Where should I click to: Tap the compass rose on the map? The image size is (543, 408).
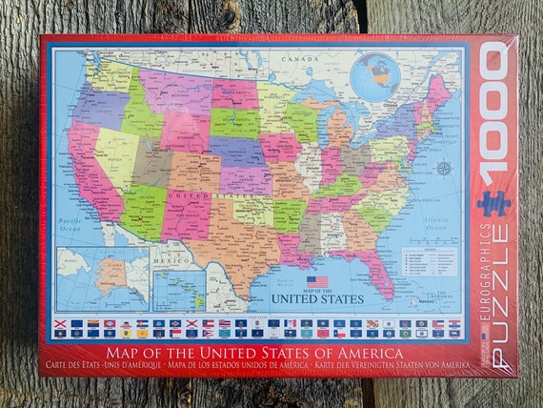pos(443,169)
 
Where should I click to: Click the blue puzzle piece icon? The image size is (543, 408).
pos(494,203)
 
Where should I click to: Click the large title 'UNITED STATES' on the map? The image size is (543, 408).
pos(318,298)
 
